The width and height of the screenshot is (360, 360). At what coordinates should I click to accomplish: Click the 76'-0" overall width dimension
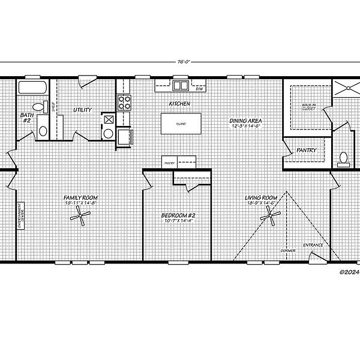pyautogui.click(x=180, y=61)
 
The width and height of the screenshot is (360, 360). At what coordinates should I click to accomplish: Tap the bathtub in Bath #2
pyautogui.click(x=33, y=87)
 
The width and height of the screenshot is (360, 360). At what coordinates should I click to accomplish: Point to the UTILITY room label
pyautogui.click(x=82, y=110)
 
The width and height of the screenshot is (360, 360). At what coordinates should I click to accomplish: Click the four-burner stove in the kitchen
pyautogui.click(x=124, y=103)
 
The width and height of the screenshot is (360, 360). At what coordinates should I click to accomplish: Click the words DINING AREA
pyautogui.click(x=245, y=121)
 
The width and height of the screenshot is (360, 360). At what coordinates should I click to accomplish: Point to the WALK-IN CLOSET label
pyautogui.click(x=308, y=108)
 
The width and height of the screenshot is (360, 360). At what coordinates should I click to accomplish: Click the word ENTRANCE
pyautogui.click(x=313, y=245)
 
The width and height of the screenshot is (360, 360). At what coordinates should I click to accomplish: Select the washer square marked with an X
pyautogui.click(x=109, y=119)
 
